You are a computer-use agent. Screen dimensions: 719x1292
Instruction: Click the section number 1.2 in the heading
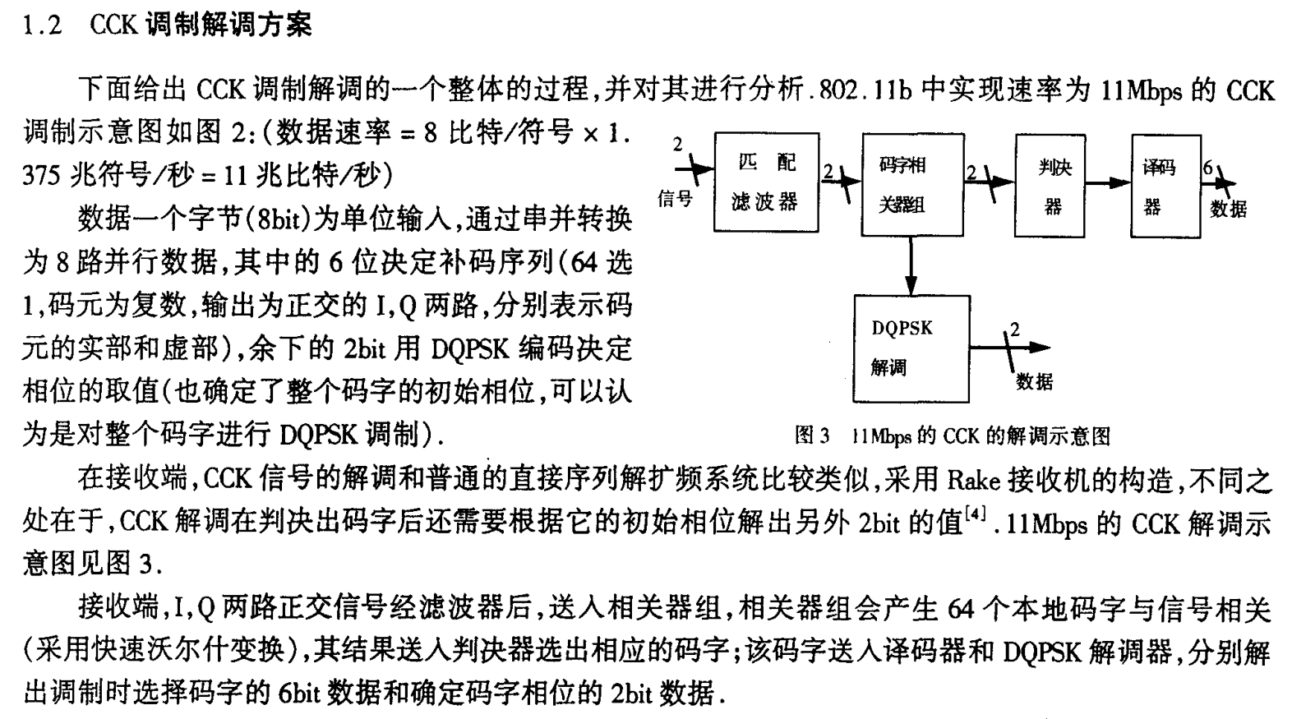click(x=43, y=25)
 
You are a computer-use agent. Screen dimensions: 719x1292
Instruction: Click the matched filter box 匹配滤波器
click(x=765, y=182)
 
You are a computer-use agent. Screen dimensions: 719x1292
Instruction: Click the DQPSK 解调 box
click(x=911, y=348)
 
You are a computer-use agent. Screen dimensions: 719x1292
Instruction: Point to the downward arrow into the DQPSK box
click(x=911, y=266)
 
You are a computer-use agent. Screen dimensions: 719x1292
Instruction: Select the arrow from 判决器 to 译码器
click(x=1110, y=182)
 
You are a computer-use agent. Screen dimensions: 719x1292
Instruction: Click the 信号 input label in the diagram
click(x=675, y=198)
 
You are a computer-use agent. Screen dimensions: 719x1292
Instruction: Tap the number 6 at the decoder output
click(x=1207, y=168)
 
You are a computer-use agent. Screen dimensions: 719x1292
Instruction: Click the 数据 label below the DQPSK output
click(x=1033, y=380)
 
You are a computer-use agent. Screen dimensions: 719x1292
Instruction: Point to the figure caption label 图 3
click(x=813, y=436)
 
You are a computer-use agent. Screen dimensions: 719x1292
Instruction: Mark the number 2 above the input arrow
click(x=677, y=145)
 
